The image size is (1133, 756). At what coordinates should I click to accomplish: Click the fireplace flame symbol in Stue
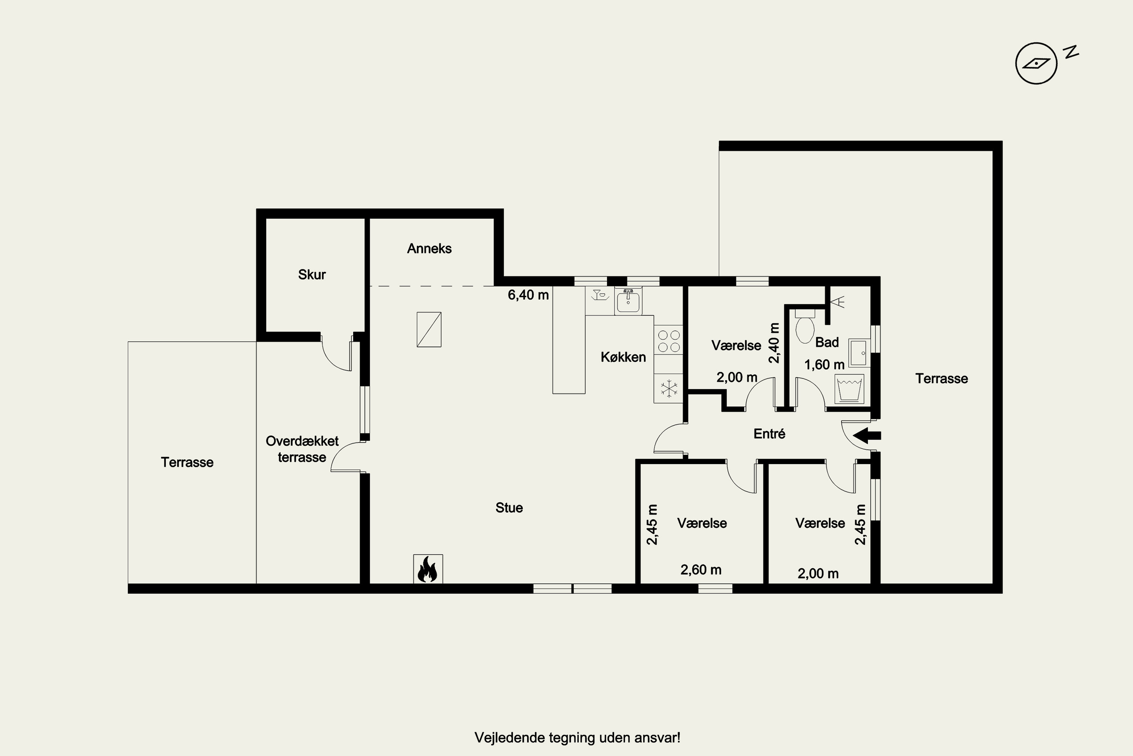(x=427, y=569)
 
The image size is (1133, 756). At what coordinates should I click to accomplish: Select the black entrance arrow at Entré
(x=867, y=435)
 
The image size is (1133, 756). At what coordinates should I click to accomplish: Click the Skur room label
(x=312, y=275)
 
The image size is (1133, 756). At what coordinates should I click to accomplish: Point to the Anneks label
(x=429, y=249)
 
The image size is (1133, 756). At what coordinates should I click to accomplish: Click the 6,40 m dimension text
(x=528, y=295)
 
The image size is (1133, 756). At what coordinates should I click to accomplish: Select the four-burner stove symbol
(x=668, y=341)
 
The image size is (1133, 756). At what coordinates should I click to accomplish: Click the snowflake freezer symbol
(x=668, y=389)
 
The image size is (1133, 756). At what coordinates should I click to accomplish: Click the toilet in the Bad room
(x=805, y=327)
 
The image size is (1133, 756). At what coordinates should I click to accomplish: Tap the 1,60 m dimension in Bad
(x=824, y=365)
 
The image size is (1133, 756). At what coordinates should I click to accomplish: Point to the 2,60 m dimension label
(x=701, y=570)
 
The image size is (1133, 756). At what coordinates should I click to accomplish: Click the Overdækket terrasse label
(x=302, y=449)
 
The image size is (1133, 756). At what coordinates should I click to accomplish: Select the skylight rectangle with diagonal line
(x=429, y=330)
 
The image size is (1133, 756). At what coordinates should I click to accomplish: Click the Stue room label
(x=509, y=508)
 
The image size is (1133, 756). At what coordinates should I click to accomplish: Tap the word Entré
(x=769, y=434)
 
